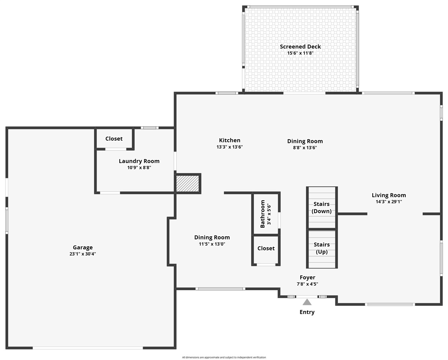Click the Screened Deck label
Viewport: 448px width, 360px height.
tap(300, 46)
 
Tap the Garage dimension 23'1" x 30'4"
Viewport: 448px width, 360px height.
tap(82, 254)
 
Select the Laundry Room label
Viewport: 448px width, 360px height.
tap(139, 161)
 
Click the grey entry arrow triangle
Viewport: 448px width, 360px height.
tap(307, 302)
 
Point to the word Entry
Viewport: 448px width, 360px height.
tap(307, 312)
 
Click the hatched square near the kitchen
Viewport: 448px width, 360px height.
tap(187, 183)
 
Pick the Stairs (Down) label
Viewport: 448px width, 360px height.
tap(322, 207)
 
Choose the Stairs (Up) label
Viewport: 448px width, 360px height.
tap(322, 248)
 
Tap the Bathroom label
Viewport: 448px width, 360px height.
tap(263, 214)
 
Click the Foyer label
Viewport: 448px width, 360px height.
tap(307, 277)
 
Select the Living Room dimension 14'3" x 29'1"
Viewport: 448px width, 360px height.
tap(389, 201)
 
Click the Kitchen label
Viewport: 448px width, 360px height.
tap(230, 140)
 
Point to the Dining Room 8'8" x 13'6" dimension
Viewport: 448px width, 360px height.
tap(305, 147)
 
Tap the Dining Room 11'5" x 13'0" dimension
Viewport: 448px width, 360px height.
tap(212, 244)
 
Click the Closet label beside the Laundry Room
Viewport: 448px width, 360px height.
tap(114, 139)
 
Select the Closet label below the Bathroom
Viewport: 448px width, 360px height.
tap(266, 248)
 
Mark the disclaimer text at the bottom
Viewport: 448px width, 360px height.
tap(224, 357)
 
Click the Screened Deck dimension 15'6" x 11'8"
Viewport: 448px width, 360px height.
tap(300, 53)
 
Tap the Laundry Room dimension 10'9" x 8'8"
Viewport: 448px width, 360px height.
tap(139, 168)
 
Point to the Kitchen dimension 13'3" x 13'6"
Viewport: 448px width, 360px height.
tap(230, 147)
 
